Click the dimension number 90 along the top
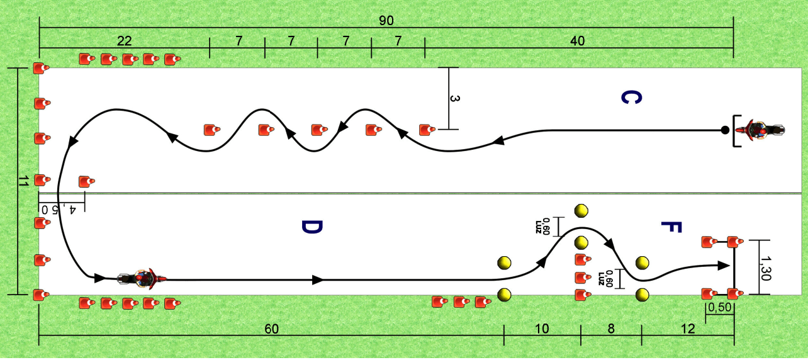[386, 21]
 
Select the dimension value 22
[124, 41]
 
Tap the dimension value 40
[577, 41]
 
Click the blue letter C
[631, 98]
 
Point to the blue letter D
[311, 227]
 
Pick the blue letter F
[671, 227]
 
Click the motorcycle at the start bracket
[760, 130]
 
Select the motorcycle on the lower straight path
[142, 279]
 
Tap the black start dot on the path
[725, 130]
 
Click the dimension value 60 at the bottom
[271, 329]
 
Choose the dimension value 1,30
[765, 268]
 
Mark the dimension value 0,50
[719, 307]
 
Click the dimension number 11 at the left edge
[23, 181]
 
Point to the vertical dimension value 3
[455, 98]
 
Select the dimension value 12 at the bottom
[688, 329]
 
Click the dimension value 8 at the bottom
[610, 329]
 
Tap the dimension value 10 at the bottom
[542, 329]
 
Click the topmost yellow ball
[581, 211]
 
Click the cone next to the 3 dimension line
[427, 130]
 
